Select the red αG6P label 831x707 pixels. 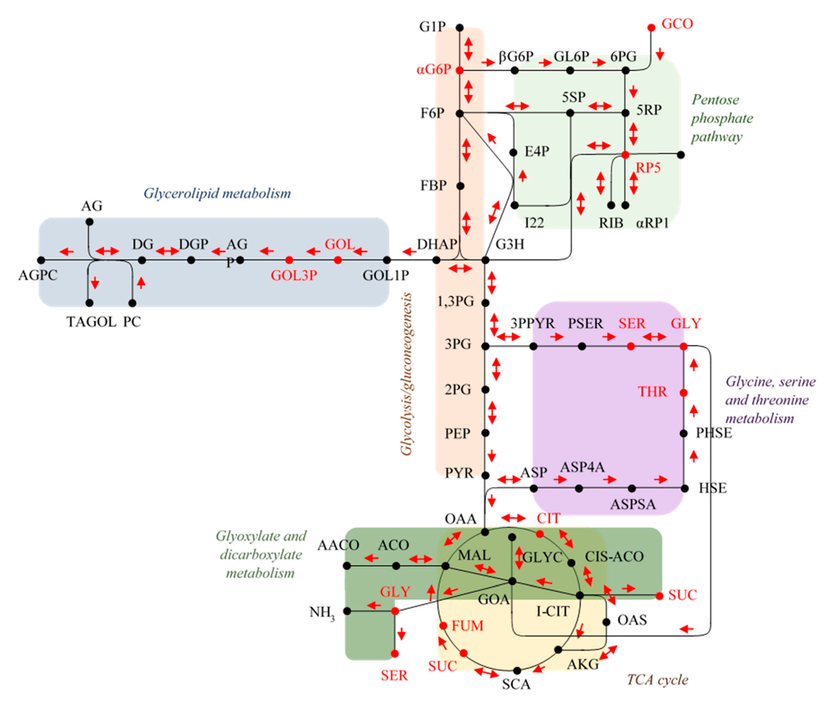pos(434,70)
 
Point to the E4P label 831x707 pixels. pos(537,152)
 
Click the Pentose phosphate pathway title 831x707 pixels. pos(722,118)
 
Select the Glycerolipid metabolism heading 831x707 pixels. pos(217,193)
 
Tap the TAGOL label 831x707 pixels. pos(91,322)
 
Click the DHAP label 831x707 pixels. pos(437,244)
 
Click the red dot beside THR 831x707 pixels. pos(684,393)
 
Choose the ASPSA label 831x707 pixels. pos(633,504)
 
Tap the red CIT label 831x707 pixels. pos(548,518)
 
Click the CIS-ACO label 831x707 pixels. pos(614,556)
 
